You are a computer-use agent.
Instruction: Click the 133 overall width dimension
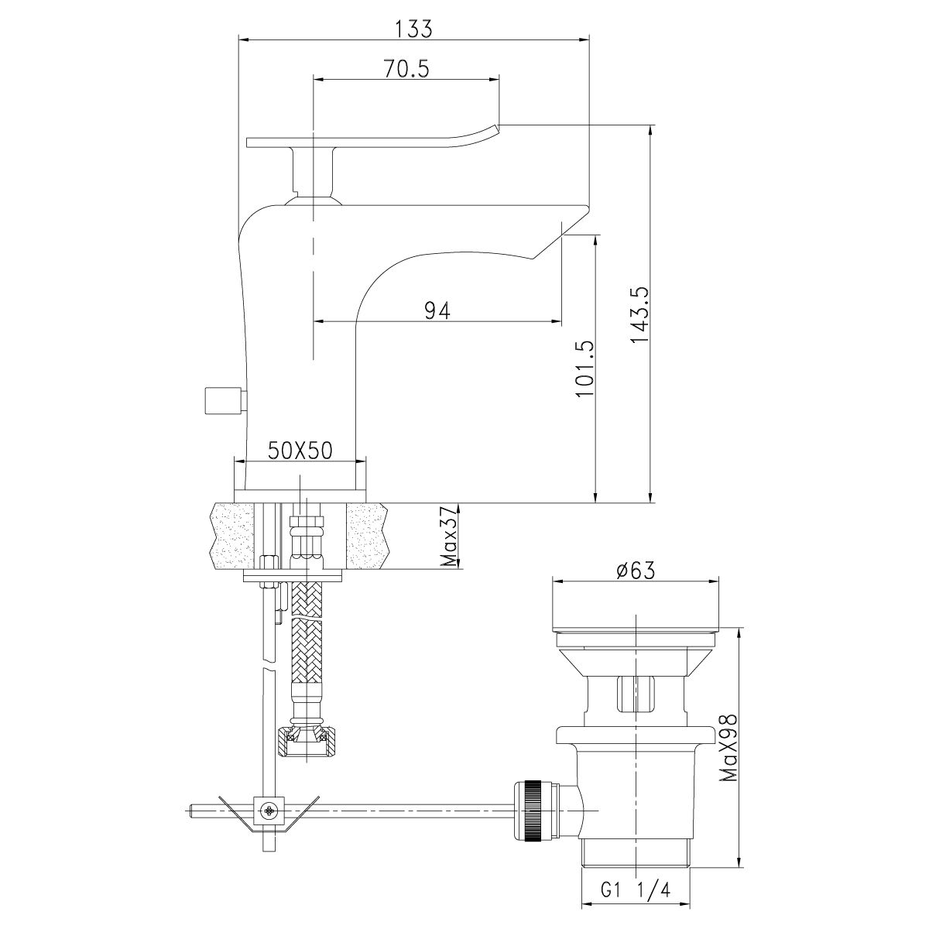click(413, 29)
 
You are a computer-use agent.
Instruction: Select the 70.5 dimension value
click(405, 70)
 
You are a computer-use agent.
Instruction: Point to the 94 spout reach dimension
click(437, 310)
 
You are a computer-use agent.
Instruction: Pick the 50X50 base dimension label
click(300, 450)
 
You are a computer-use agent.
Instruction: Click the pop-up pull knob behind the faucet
click(221, 403)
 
